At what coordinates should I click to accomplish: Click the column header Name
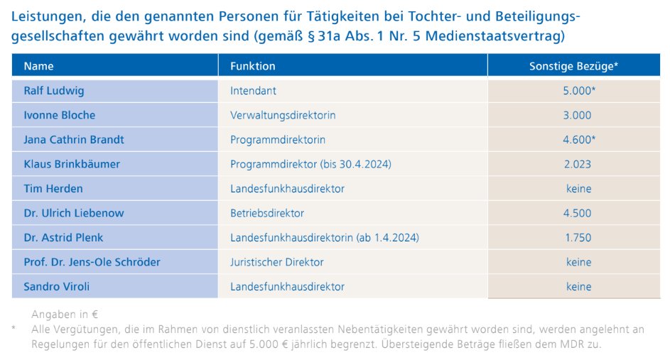point(39,66)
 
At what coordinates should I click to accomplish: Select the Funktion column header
point(252,66)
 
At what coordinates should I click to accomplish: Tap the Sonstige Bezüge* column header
point(573,66)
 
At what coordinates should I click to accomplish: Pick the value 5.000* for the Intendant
point(578,91)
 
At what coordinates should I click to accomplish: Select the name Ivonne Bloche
point(59,115)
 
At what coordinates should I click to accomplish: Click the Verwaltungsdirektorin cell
point(283,115)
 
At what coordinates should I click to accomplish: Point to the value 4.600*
point(578,140)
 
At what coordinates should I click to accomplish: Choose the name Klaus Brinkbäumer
point(72,164)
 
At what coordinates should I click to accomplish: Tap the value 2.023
point(577,164)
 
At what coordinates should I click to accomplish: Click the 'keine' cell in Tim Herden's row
point(578,189)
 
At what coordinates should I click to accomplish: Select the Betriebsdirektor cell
point(267,213)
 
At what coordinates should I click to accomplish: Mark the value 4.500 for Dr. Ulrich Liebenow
point(577,213)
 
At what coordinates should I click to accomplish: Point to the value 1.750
point(577,238)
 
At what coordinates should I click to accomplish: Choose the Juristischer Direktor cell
point(277,262)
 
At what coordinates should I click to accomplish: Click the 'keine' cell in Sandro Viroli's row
point(578,287)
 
